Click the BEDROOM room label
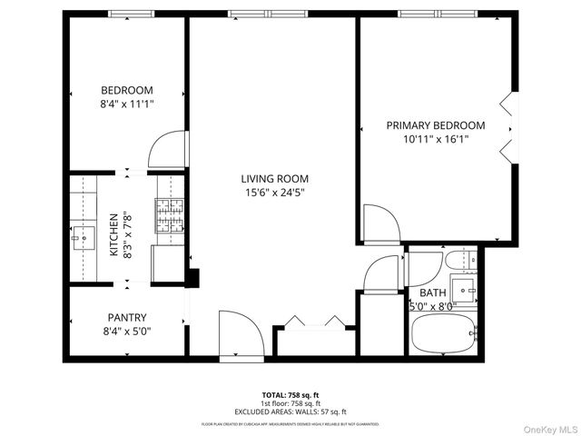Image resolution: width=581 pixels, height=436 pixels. [126, 90]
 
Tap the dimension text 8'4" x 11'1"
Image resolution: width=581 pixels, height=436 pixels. [126, 104]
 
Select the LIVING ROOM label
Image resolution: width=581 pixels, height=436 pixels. [274, 179]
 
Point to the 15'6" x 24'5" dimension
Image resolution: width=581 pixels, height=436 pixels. [274, 193]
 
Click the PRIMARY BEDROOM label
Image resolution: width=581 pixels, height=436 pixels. [436, 125]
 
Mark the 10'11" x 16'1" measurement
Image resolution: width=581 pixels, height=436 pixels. [436, 139]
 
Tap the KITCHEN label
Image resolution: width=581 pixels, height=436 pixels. [113, 234]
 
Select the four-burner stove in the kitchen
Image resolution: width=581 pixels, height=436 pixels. [169, 217]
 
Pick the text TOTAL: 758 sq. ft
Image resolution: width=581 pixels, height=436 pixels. [290, 395]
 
